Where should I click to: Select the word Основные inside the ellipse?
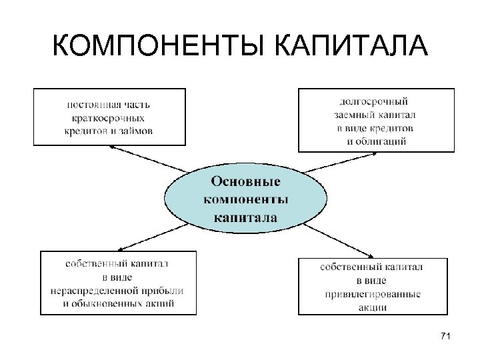pos(245,181)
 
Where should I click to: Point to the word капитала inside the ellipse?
pos(245,217)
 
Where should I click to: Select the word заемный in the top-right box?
pos(353,115)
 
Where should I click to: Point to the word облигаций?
pos(377,141)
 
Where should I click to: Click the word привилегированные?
pos(373,294)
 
